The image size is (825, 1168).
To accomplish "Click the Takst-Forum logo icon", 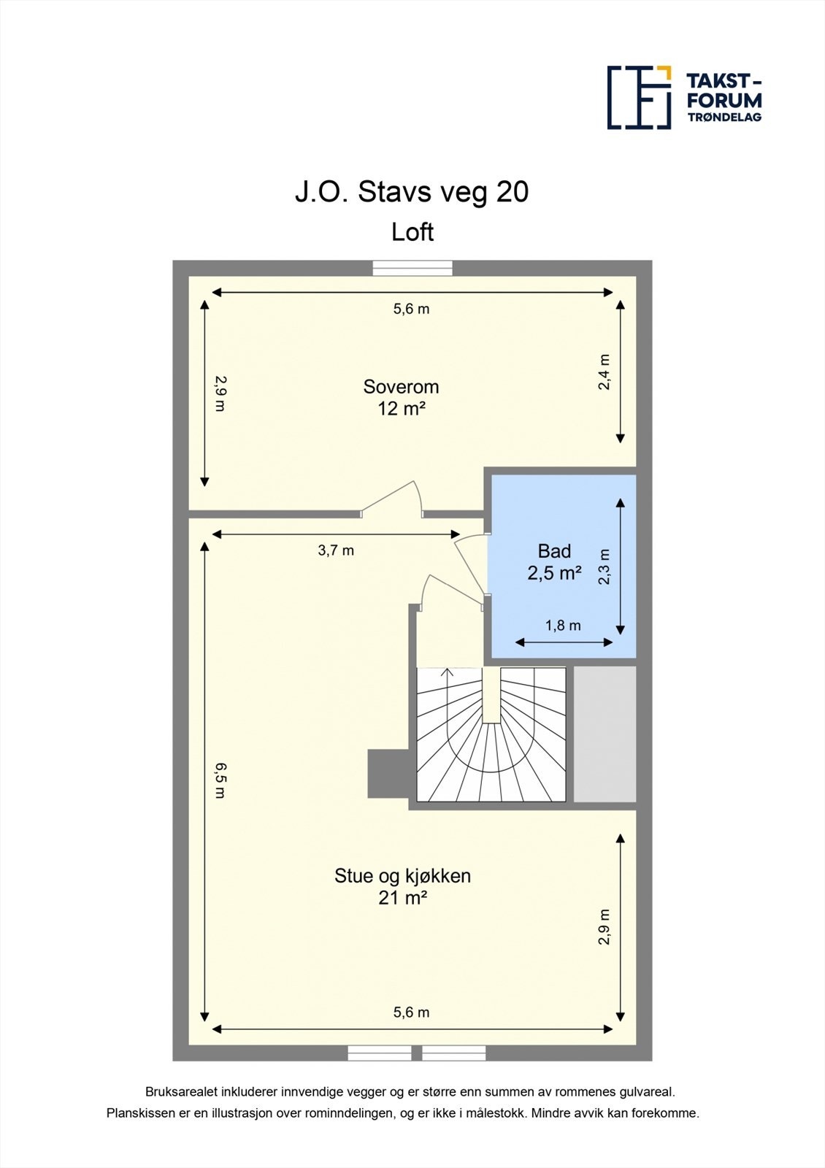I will pyautogui.click(x=639, y=97).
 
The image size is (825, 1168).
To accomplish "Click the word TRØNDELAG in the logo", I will pyautogui.click(x=724, y=117).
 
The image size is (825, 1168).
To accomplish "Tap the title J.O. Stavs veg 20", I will pyautogui.click(x=412, y=192).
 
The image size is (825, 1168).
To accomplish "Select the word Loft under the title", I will pyautogui.click(x=412, y=232).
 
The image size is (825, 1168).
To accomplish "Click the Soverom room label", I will pyautogui.click(x=401, y=387).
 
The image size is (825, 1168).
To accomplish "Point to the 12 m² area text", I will pyautogui.click(x=401, y=409).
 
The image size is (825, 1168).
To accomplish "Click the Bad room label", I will pyautogui.click(x=554, y=551).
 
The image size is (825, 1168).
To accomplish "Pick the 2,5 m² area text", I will pyautogui.click(x=554, y=573).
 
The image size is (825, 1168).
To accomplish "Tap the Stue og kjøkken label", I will pyautogui.click(x=402, y=875).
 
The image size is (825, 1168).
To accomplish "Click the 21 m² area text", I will pyautogui.click(x=402, y=898).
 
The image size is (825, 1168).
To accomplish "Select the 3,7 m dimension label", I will pyautogui.click(x=336, y=550).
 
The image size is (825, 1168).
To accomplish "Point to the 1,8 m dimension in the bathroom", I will pyautogui.click(x=563, y=626).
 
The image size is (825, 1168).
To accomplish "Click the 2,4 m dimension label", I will pyautogui.click(x=605, y=372).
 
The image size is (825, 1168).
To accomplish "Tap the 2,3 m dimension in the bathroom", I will pyautogui.click(x=605, y=567).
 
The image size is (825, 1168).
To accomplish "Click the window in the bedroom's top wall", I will pyautogui.click(x=412, y=269).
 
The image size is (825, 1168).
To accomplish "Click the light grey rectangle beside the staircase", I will pyautogui.click(x=605, y=734).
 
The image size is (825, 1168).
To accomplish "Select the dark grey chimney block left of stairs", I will pyautogui.click(x=387, y=774).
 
